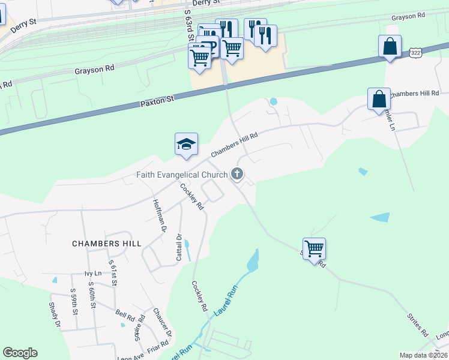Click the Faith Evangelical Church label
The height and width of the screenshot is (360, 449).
pos(181,175)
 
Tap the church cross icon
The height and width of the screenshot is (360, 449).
pos(237,175)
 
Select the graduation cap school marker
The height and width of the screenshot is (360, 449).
pos(186,145)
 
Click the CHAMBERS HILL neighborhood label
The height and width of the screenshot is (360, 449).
pos(107,244)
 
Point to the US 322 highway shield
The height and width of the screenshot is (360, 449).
pos(416,53)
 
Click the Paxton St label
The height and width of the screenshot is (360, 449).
pos(157,100)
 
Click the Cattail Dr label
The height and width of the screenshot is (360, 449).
pos(178,247)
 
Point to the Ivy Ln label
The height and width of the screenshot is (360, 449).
pos(94,274)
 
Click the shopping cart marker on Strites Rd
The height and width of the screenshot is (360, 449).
pos(315,248)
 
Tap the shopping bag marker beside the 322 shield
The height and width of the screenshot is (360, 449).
pos(390,46)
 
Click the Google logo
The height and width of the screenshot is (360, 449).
pos(20,353)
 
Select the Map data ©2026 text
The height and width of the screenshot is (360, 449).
pos(423,355)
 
